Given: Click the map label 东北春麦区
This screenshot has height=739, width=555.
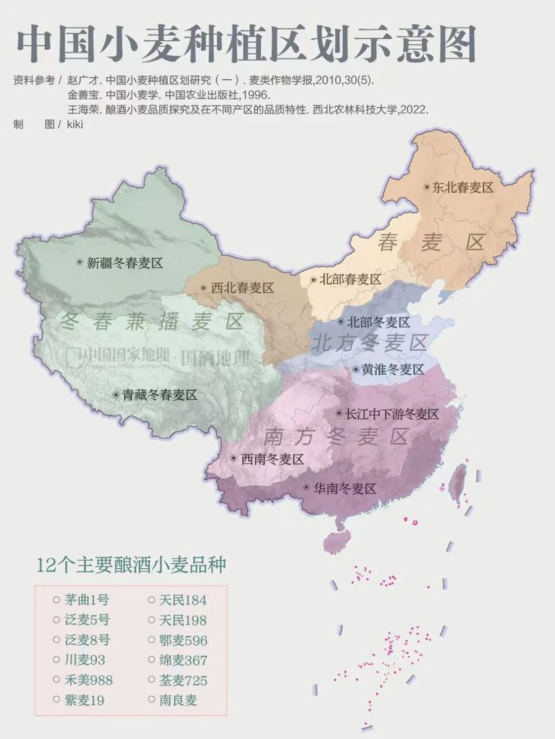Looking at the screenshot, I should click(462, 187).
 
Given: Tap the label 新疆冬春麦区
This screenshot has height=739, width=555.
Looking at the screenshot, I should click(124, 263).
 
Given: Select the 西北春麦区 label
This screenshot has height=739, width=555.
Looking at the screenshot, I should click(242, 288).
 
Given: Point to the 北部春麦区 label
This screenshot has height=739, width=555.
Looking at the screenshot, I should click(350, 279).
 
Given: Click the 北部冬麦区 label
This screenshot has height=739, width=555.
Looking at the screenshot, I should click(379, 322).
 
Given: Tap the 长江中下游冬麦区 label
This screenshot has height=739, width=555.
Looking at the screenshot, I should click(393, 414).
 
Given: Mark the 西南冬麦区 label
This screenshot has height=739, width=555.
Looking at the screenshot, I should click(272, 459).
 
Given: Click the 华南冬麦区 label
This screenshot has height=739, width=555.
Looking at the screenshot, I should click(345, 488).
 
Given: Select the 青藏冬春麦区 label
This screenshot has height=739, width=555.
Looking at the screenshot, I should click(160, 394).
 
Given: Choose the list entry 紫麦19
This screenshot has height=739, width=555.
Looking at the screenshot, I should click(84, 700).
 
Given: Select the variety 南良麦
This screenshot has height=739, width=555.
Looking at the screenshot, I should click(178, 700).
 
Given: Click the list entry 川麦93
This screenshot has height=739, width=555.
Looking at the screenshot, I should click(84, 660).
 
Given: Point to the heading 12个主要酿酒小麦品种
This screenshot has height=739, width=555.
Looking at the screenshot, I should click(131, 564).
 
